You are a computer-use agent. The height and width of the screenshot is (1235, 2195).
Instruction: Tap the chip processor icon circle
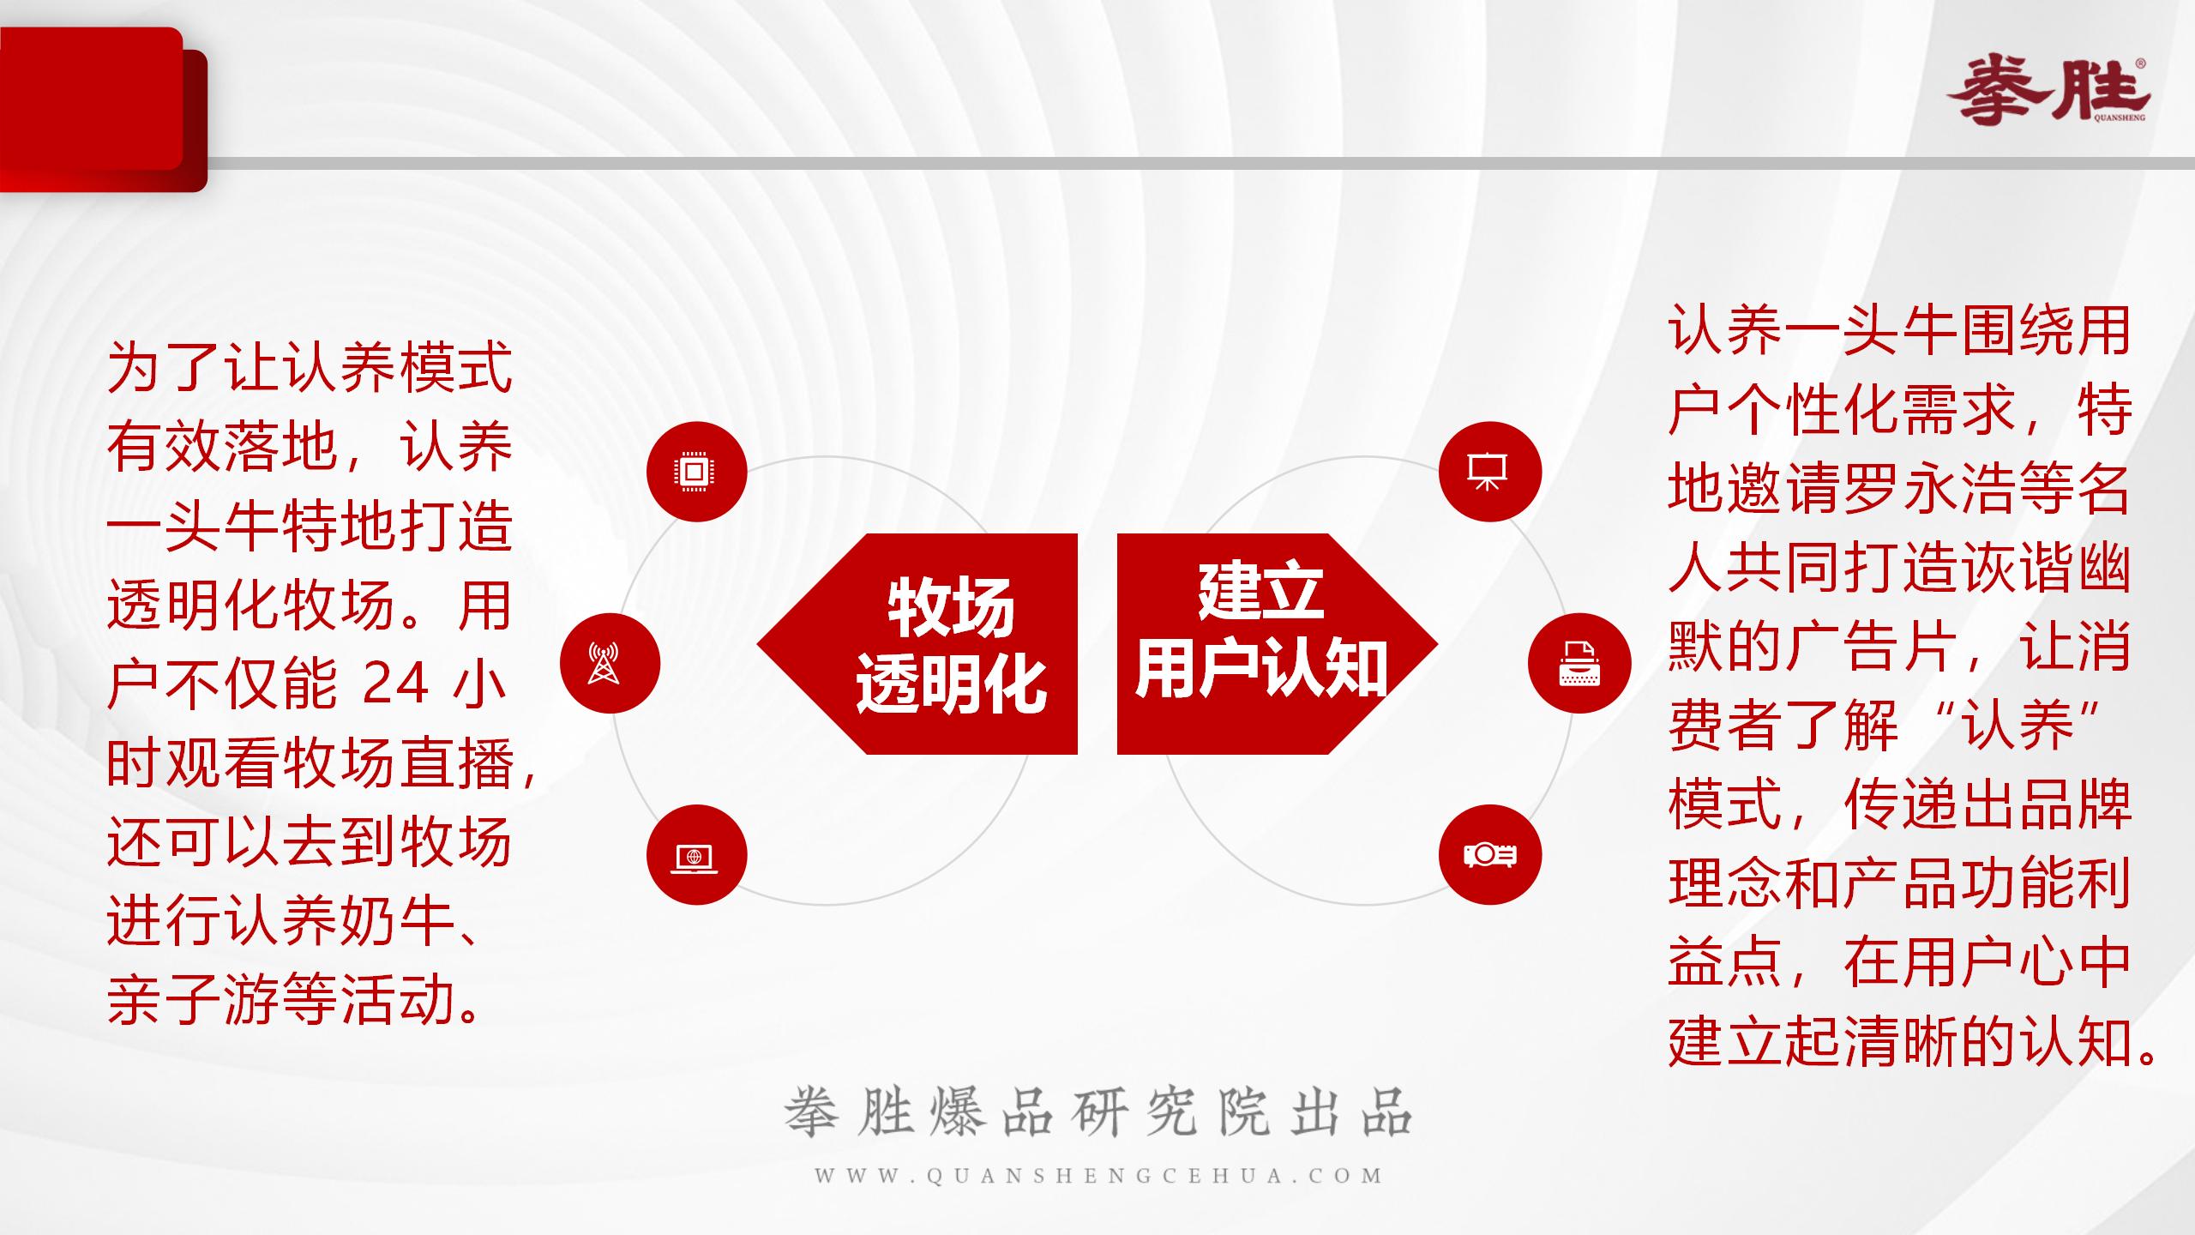[x=695, y=472]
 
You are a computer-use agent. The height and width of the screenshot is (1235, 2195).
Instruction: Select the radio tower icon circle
[x=610, y=663]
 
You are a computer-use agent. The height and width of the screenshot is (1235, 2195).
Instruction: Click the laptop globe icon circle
[x=696, y=855]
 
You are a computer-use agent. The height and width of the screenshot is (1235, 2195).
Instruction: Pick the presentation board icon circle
[x=1489, y=472]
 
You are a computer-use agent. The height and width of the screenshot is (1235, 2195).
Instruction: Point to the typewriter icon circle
[x=1579, y=663]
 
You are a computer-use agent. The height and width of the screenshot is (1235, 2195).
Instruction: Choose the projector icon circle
[x=1489, y=855]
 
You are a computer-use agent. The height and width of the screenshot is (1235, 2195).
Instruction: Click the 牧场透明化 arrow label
[x=943, y=644]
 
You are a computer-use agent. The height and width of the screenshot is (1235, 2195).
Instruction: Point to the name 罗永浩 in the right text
[x=1899, y=488]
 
